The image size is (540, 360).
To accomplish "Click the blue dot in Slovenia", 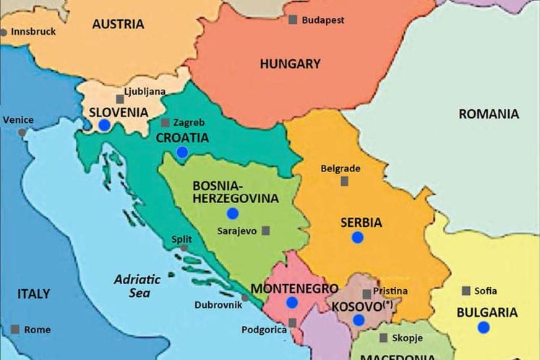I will pyautogui.click(x=104, y=125).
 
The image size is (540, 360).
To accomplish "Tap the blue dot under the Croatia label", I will pyautogui.click(x=182, y=152).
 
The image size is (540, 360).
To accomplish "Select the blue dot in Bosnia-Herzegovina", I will pyautogui.click(x=232, y=213).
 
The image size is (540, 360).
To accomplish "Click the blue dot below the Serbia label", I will pyautogui.click(x=357, y=237).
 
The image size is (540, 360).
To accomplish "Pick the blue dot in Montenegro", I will pyautogui.click(x=292, y=302).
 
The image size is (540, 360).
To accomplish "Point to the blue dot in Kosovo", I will pyautogui.click(x=359, y=320).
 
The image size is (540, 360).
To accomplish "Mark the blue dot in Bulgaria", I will pyautogui.click(x=483, y=327).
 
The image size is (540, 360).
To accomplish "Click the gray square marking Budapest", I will pyautogui.click(x=293, y=20).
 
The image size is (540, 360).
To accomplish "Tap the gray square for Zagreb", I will pyautogui.click(x=166, y=123).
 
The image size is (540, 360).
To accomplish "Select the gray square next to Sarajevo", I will pyautogui.click(x=266, y=231).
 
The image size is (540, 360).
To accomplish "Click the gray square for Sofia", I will pyautogui.click(x=466, y=291).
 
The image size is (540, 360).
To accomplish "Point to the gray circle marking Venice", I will pyautogui.click(x=22, y=132).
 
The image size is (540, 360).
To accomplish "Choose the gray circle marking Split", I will pyautogui.click(x=184, y=248).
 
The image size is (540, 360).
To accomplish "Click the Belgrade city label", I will pyautogui.click(x=340, y=168).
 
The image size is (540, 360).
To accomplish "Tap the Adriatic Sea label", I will pyautogui.click(x=132, y=286).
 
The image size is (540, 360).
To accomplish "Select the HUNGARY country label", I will pyautogui.click(x=290, y=64).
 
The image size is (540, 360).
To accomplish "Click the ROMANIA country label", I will pyautogui.click(x=489, y=113).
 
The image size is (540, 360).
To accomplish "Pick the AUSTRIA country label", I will pyautogui.click(x=118, y=24).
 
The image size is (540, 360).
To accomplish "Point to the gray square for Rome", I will pyautogui.click(x=15, y=330).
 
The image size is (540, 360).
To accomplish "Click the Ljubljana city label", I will pyautogui.click(x=145, y=92).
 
